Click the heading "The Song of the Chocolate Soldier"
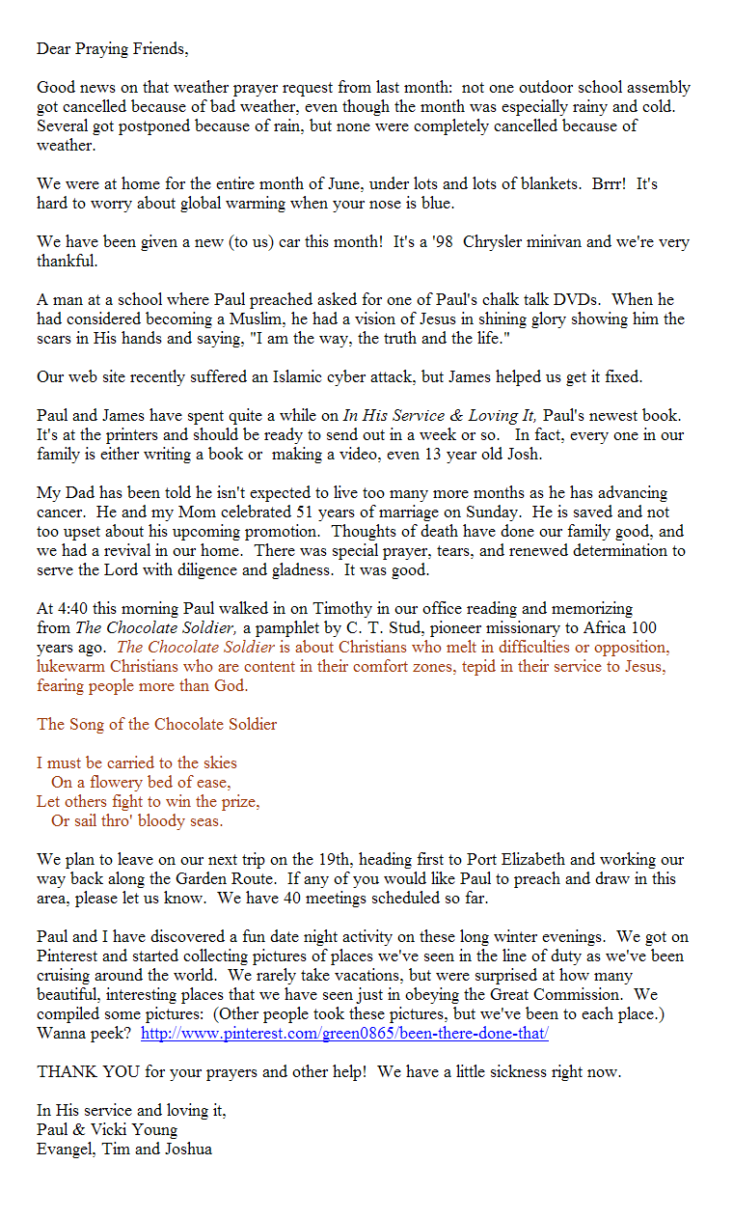coord(156,724)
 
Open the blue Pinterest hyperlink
coord(344,1033)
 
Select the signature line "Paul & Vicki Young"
coord(107,1129)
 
